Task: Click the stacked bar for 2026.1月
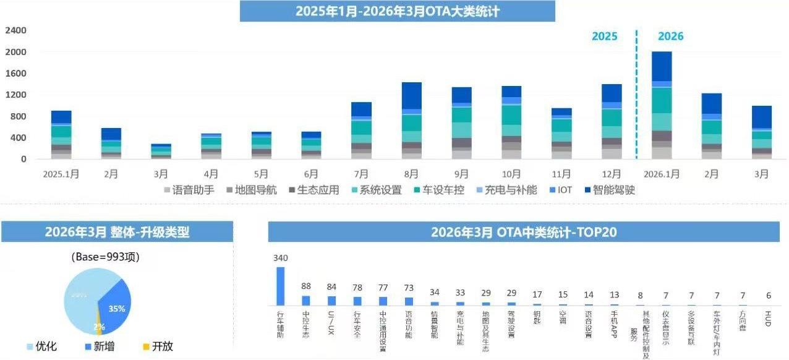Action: click(x=662, y=105)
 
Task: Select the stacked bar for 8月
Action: click(x=411, y=121)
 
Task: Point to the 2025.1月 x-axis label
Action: click(x=61, y=174)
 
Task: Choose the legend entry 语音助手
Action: click(x=189, y=190)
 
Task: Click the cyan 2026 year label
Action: click(x=670, y=36)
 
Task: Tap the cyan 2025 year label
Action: click(x=604, y=36)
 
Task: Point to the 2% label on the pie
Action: click(x=99, y=326)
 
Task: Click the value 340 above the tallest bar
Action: click(x=281, y=258)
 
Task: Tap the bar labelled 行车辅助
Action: click(x=281, y=286)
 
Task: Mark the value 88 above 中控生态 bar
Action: click(x=306, y=286)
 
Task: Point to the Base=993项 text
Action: click(x=105, y=257)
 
